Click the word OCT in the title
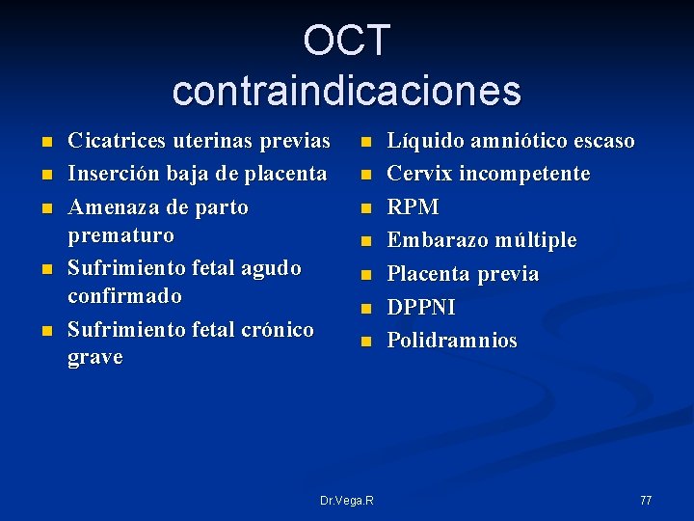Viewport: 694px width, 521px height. tap(346, 41)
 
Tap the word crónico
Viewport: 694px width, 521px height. tap(279, 330)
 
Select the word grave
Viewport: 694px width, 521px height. tap(94, 357)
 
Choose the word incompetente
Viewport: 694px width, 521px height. tap(527, 174)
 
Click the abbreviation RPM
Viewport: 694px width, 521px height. tap(413, 207)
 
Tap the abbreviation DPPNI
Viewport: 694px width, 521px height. tap(420, 308)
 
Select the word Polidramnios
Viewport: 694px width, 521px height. tap(452, 341)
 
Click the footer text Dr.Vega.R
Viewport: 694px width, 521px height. tap(347, 500)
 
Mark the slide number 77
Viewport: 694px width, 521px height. tap(646, 500)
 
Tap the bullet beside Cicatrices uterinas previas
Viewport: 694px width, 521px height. tap(47, 143)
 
